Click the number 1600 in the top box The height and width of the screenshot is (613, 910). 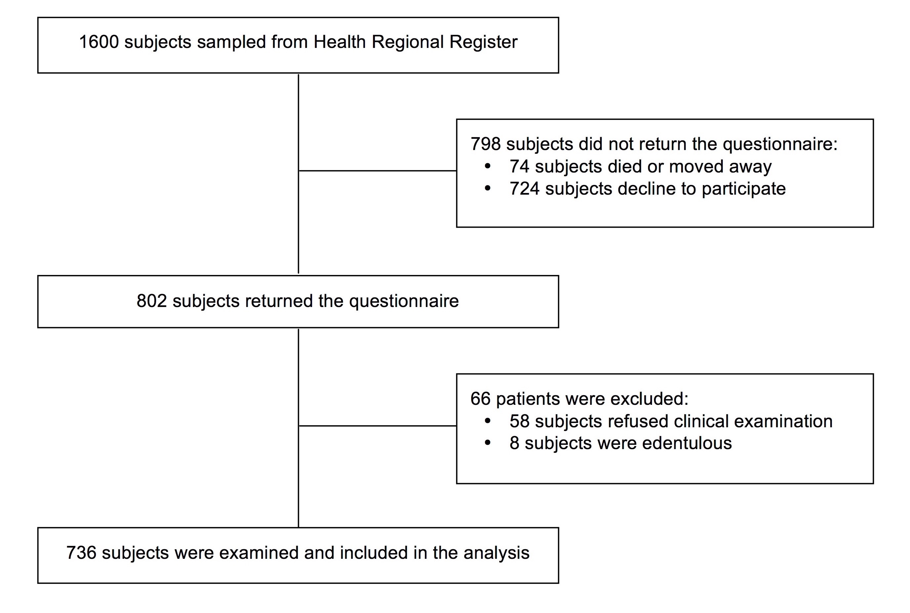99,42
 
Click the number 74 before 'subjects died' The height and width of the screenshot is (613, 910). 519,167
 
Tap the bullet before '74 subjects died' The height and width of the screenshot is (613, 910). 487,167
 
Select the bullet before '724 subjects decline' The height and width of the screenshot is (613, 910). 487,189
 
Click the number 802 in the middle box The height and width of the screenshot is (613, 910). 152,301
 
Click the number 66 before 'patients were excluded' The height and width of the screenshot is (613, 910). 480,399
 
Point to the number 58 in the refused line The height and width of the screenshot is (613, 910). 519,421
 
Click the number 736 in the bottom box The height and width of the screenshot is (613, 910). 81,553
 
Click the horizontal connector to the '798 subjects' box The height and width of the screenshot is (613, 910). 378,171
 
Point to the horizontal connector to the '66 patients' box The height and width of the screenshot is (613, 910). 378,426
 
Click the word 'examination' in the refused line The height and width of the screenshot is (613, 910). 783,421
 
